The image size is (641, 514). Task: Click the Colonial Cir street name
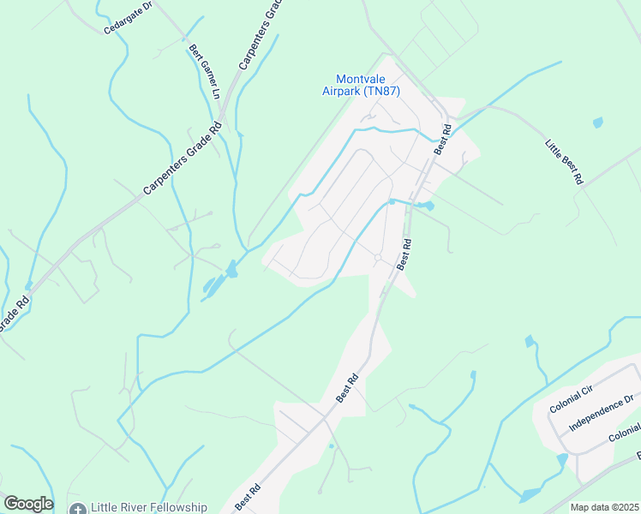572,398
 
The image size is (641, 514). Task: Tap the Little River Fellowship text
150,508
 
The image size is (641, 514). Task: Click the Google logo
27,504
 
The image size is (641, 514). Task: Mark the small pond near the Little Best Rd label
597,123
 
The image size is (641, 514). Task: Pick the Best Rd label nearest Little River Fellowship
247,497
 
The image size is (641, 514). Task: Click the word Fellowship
178,508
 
